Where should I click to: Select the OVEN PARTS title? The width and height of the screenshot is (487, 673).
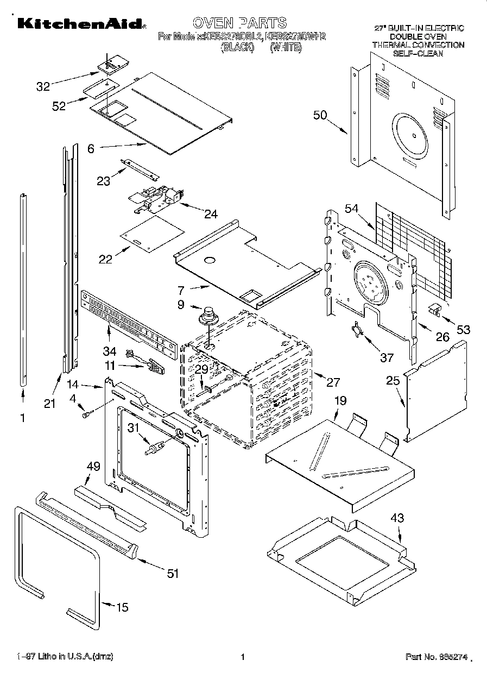pos(239,22)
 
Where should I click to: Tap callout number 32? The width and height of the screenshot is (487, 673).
pos(43,86)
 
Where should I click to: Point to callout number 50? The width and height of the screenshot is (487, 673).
pos(320,115)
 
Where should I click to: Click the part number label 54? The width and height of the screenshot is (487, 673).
pos(352,209)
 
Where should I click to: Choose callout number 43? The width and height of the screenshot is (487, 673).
pos(397,518)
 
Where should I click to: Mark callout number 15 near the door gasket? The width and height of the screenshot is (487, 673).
pos(123,607)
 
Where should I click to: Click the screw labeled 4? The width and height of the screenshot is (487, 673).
pos(86,415)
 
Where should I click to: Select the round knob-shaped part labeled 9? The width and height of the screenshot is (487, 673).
pos(207,315)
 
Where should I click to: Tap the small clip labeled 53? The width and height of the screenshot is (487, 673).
pos(434,309)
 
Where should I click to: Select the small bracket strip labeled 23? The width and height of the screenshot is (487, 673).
pos(140,169)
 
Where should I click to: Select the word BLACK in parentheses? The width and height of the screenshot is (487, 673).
pos(237,47)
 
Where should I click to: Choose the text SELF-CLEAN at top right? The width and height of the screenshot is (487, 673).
pos(418,53)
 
